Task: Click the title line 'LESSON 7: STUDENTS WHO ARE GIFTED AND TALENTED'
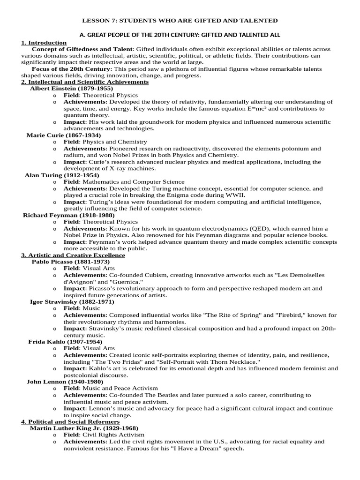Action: point(180,21)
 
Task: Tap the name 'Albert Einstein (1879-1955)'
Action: point(71,88)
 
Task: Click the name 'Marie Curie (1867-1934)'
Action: point(66,135)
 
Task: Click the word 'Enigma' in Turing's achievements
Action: point(186,195)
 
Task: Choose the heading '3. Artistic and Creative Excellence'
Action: point(73,255)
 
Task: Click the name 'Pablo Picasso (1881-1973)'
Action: point(70,262)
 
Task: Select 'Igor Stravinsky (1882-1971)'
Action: point(72,301)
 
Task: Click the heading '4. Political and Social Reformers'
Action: point(70,422)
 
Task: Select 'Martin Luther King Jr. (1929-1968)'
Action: point(84,428)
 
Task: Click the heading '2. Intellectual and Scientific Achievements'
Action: point(85,82)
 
